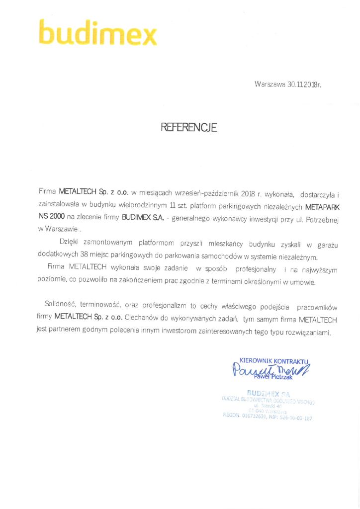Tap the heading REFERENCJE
(x=189, y=128)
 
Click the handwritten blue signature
(x=269, y=370)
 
